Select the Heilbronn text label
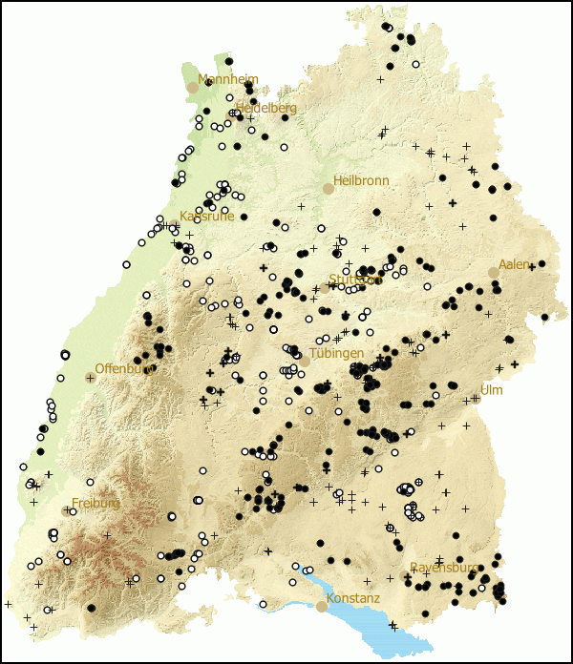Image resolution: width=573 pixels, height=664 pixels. pyautogui.click(x=361, y=180)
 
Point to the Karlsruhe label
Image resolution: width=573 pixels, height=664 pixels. pyautogui.click(x=206, y=217)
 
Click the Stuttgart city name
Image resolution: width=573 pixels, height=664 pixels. pyautogui.click(x=355, y=280)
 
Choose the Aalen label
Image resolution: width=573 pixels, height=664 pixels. pyautogui.click(x=515, y=264)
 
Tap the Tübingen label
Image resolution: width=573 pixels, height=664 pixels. pyautogui.click(x=336, y=353)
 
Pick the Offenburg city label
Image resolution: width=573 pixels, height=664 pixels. pyautogui.click(x=124, y=368)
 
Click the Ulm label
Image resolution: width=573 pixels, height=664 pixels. pyautogui.click(x=491, y=390)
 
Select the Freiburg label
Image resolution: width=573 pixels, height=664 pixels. pyautogui.click(x=95, y=503)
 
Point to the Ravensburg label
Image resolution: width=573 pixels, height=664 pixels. pyautogui.click(x=444, y=568)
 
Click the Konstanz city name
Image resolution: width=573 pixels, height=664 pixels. pyautogui.click(x=352, y=599)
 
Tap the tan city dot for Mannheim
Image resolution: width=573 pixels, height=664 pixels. pyautogui.click(x=192, y=87)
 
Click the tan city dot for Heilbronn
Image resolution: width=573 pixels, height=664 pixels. pyautogui.click(x=329, y=189)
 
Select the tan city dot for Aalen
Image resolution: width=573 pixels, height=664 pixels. pyautogui.click(x=494, y=273)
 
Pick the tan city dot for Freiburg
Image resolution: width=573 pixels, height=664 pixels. pyautogui.click(x=66, y=510)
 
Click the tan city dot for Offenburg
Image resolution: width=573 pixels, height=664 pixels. pyautogui.click(x=91, y=378)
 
